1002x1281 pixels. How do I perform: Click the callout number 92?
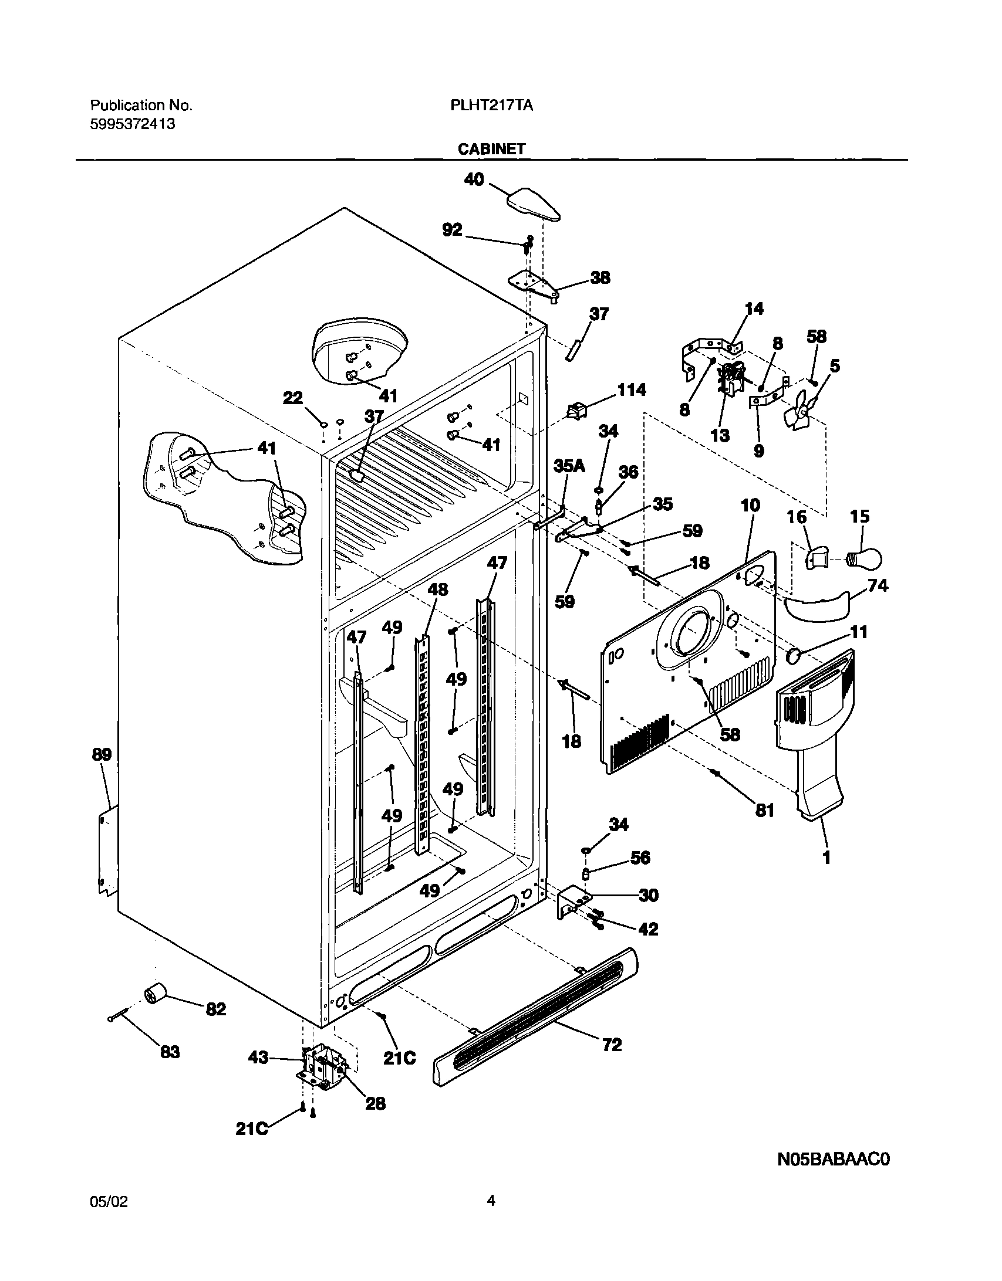[452, 230]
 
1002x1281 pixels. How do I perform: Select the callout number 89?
[102, 754]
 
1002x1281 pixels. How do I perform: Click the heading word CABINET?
[491, 149]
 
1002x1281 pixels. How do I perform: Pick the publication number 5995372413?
[132, 124]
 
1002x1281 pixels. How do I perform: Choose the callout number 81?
[764, 811]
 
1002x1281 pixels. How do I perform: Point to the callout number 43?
[259, 1058]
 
